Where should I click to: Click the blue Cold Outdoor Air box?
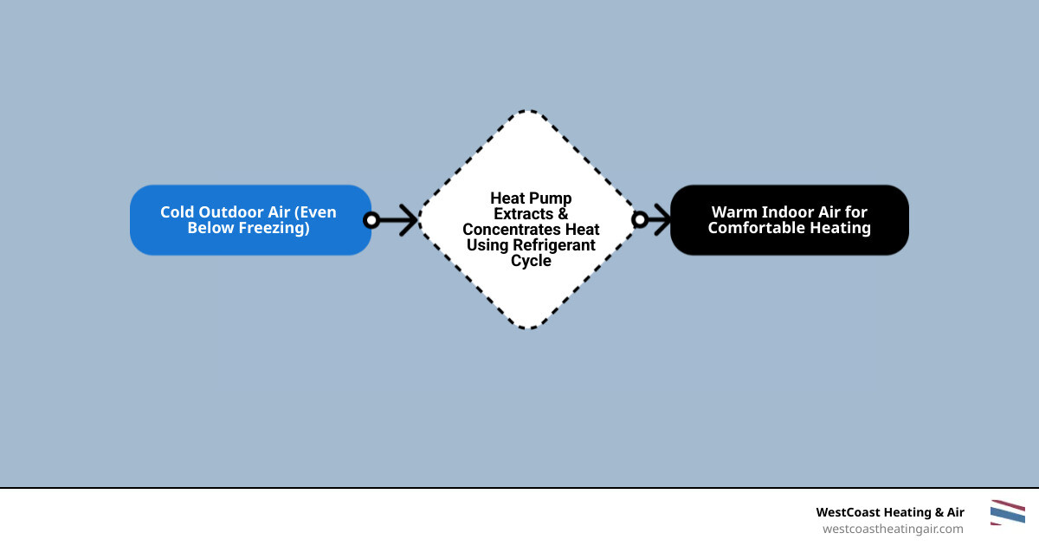point(250,220)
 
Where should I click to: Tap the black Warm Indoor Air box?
point(789,220)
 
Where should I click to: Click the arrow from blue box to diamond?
point(397,220)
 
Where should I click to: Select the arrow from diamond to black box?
point(658,220)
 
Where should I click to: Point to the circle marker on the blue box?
point(371,220)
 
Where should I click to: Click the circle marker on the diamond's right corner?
point(640,220)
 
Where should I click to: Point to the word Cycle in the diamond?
point(531,261)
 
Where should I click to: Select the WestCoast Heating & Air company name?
point(890,512)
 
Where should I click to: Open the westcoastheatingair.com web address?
point(892,529)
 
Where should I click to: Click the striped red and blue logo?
point(1007,512)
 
